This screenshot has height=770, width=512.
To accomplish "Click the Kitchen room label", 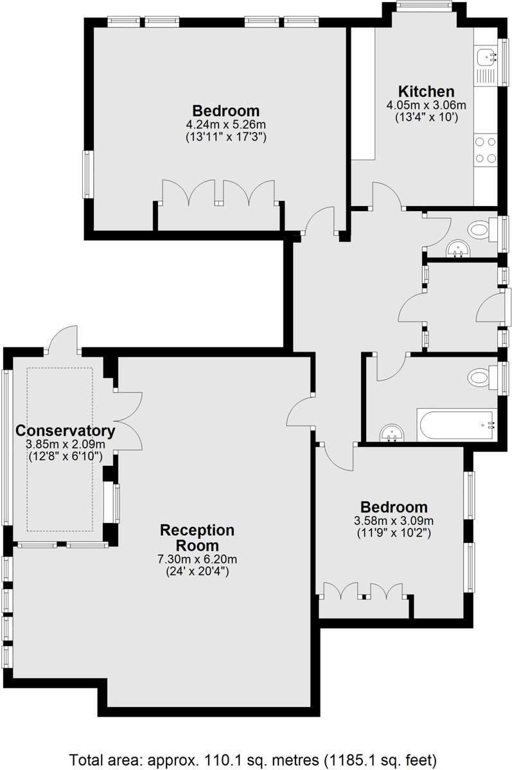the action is click(426, 92).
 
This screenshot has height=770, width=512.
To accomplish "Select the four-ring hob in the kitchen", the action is click(486, 150).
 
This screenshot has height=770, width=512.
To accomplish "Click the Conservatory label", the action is click(66, 431).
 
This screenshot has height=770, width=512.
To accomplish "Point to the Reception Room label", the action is click(197, 538).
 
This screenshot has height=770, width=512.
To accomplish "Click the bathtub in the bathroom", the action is click(457, 425).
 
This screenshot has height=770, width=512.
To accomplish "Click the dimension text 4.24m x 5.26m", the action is click(225, 124).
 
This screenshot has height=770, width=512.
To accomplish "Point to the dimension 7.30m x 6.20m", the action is click(197, 560).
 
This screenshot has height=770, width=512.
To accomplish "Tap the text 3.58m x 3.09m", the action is click(394, 520).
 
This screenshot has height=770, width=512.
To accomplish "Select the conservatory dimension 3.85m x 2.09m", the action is click(66, 444).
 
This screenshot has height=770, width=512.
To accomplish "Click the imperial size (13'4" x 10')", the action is click(426, 118).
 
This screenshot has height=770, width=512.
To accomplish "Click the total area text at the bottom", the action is click(253, 758).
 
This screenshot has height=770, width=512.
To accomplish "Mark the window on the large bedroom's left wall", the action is click(87, 175).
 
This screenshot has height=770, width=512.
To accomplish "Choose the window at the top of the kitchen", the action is click(423, 5).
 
